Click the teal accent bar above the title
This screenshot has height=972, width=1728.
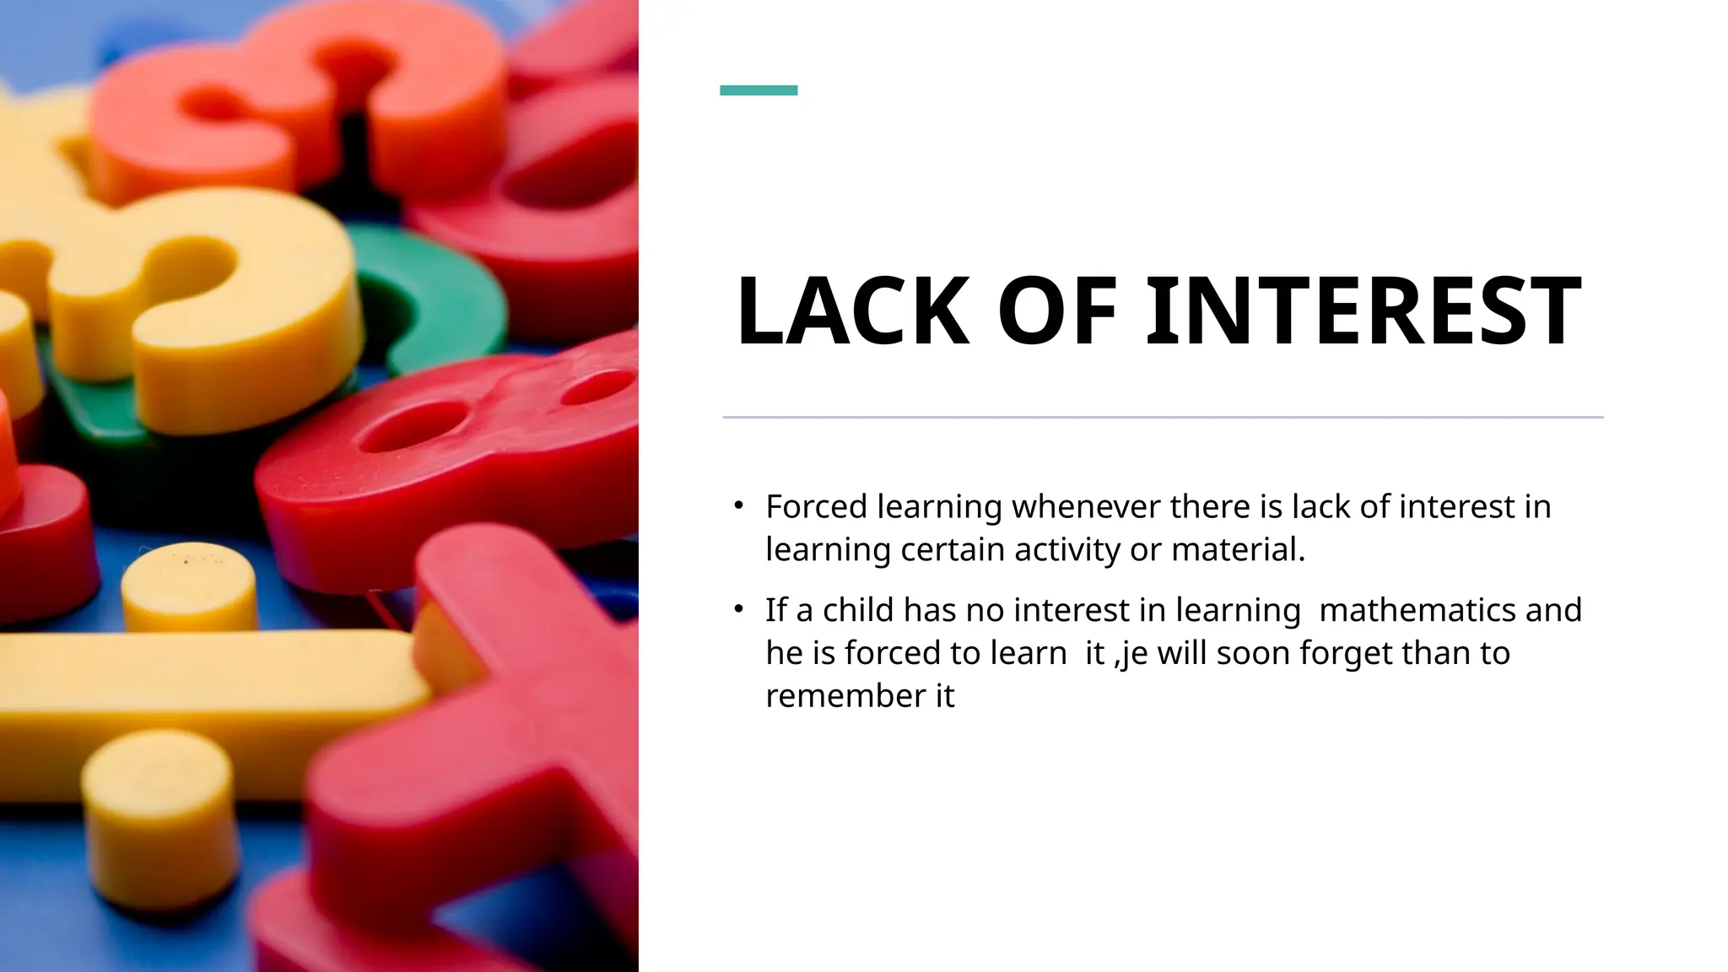758,90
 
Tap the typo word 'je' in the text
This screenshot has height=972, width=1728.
1132,654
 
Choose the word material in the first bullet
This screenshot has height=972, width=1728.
1238,550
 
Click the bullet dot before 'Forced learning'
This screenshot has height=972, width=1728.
738,505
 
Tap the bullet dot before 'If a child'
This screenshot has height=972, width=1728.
738,608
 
